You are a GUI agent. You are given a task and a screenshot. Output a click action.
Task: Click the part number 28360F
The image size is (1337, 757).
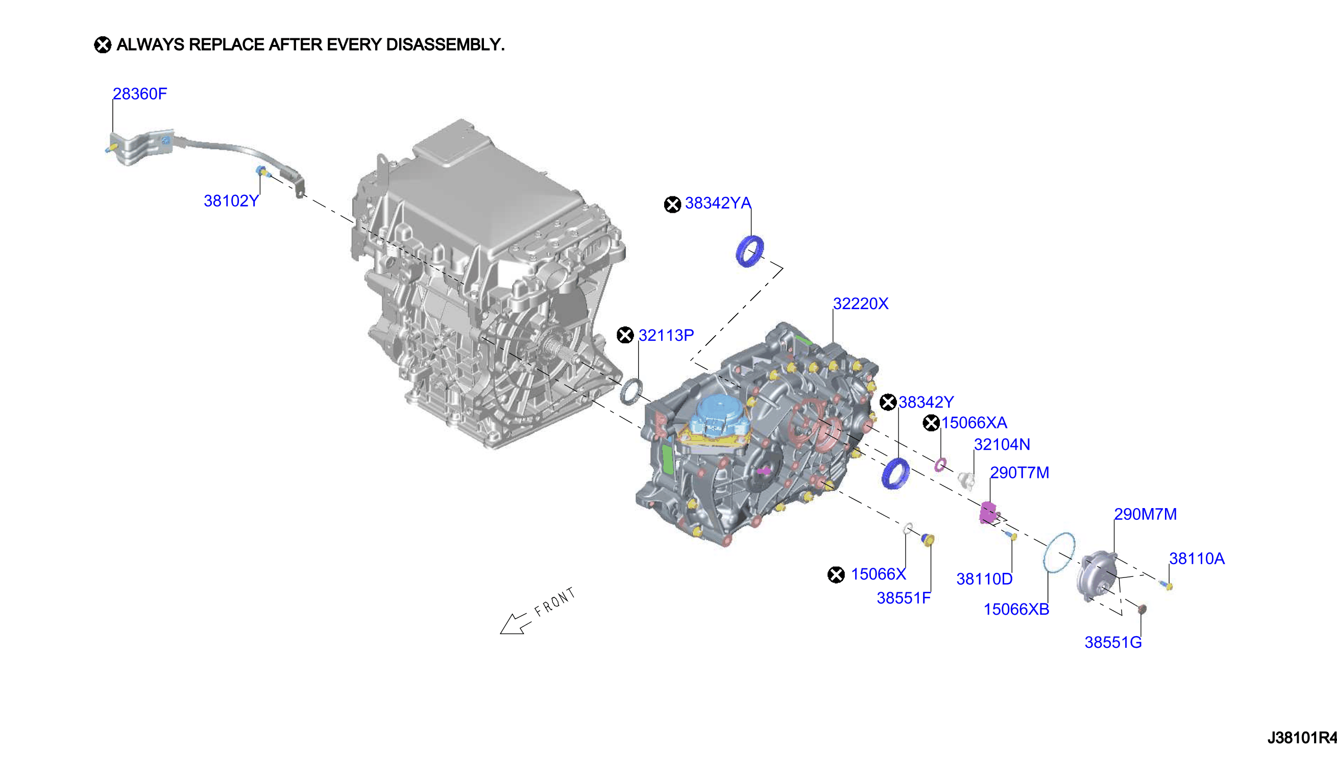point(139,93)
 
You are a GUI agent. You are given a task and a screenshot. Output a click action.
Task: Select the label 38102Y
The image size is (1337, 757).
point(231,200)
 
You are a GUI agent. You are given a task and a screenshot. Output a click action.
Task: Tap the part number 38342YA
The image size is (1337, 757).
point(717,203)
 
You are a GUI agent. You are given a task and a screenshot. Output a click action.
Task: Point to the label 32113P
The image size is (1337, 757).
point(666,335)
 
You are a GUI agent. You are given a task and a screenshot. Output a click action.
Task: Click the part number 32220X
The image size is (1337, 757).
point(861,304)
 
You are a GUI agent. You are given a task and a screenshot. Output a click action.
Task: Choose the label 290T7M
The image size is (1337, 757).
point(1019,472)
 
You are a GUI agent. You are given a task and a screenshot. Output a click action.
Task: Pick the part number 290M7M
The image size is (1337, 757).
point(1145,514)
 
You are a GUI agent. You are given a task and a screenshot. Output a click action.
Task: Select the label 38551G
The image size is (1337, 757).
point(1113,643)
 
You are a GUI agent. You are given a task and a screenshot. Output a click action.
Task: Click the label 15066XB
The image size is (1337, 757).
point(1016,610)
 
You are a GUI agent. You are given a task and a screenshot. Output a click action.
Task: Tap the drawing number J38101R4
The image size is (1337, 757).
point(1302,738)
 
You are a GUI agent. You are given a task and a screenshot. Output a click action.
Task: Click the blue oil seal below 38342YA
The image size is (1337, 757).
point(749,251)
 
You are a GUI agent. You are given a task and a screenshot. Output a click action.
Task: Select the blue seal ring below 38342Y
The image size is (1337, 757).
point(895,473)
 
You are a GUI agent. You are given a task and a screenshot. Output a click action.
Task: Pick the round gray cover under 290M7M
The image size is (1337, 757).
point(1097,576)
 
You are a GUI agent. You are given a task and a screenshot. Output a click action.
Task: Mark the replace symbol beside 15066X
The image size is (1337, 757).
point(836,574)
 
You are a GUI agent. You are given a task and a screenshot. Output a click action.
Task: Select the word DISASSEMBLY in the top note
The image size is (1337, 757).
point(445,45)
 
